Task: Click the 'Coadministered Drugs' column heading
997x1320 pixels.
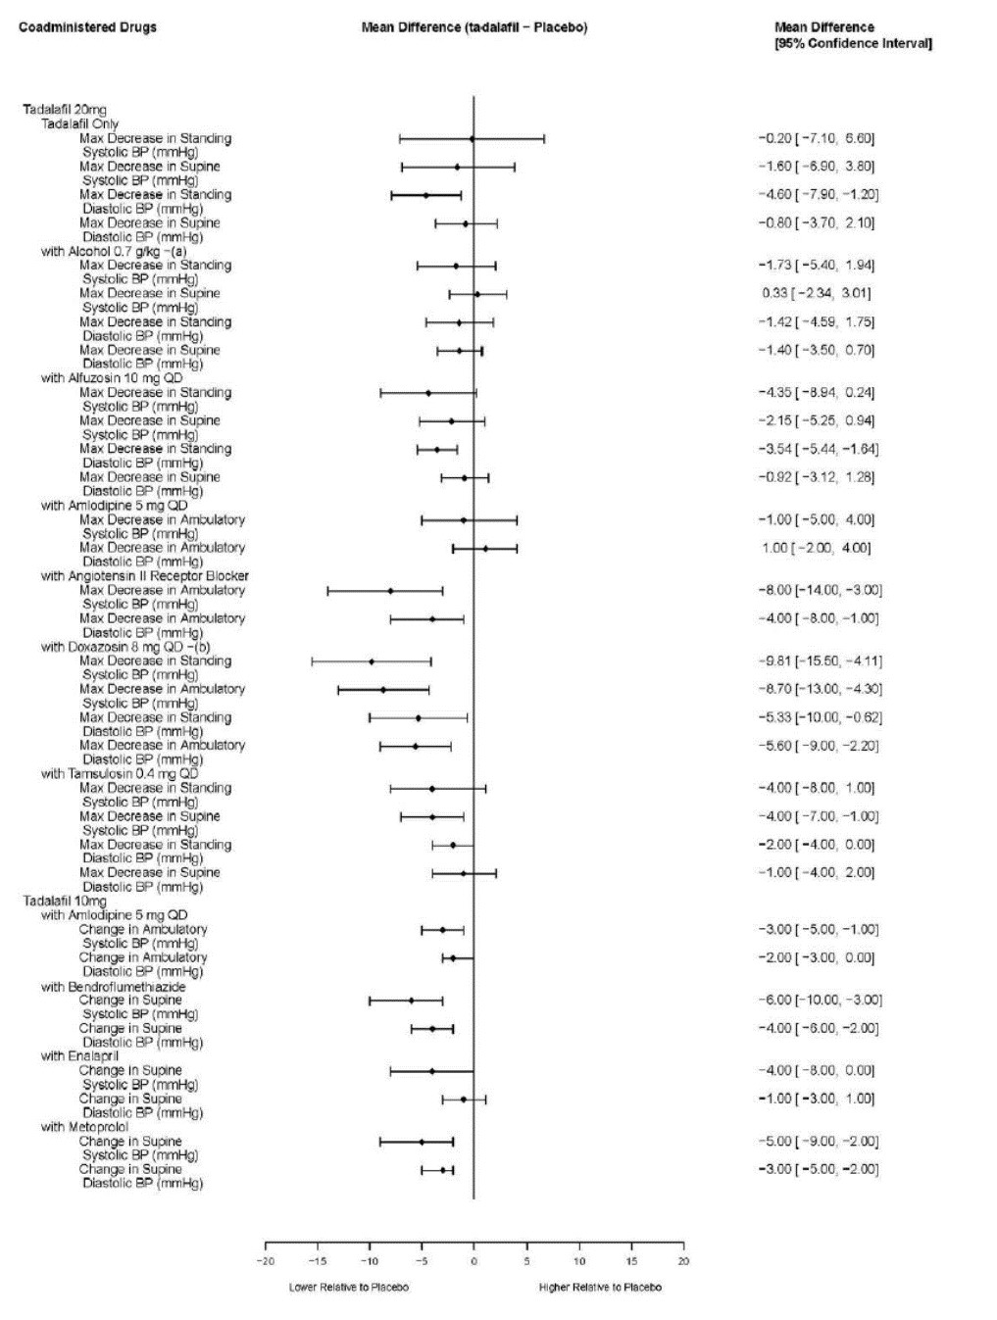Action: click(88, 27)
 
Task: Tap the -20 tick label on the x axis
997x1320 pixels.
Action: click(266, 1261)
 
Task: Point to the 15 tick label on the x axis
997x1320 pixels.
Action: click(632, 1261)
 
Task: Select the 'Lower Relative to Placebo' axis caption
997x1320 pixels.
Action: click(349, 1287)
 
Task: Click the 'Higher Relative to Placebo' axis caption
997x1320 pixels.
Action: click(600, 1287)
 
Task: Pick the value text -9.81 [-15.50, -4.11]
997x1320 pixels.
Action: click(821, 660)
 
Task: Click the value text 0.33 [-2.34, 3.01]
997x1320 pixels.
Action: click(816, 293)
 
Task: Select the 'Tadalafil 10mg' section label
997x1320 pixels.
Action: click(65, 901)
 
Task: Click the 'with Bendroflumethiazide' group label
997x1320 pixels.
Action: click(113, 987)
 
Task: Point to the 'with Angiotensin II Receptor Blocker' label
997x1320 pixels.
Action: click(145, 575)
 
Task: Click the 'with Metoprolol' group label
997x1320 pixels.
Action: click(84, 1126)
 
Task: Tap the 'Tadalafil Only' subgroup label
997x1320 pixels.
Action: click(80, 123)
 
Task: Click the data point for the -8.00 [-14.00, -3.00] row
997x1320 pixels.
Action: click(390, 591)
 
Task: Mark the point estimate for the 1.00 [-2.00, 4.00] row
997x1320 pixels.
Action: click(484, 549)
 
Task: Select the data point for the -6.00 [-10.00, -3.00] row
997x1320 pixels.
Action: click(412, 1001)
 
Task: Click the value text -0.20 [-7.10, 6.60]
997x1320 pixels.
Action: click(816, 138)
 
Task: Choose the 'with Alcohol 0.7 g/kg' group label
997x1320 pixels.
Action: click(114, 251)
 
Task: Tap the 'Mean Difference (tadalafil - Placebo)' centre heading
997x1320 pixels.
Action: click(474, 27)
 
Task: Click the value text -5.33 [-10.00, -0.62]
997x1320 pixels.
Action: click(821, 717)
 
